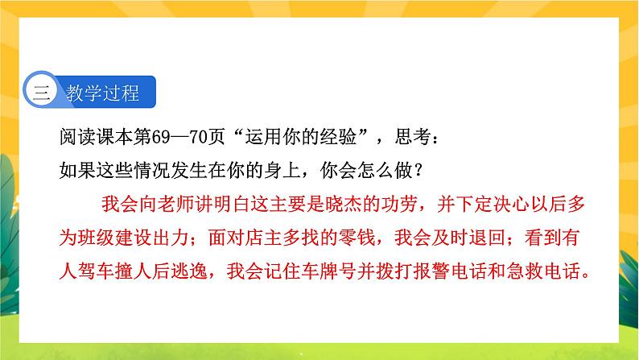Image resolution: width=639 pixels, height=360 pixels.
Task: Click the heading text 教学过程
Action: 105,93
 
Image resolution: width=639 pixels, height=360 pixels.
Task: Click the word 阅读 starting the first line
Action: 62,141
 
